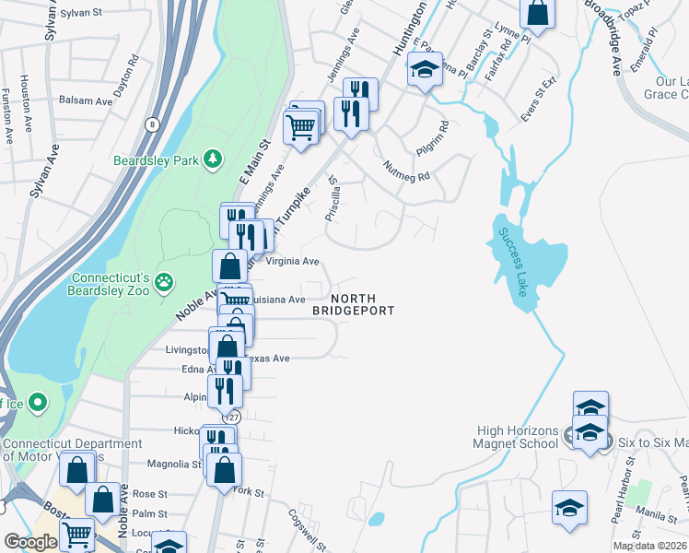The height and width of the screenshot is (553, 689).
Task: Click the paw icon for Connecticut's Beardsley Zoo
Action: click(x=164, y=282)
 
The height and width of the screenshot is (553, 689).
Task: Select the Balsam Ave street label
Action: click(x=86, y=101)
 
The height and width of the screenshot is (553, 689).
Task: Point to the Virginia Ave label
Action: click(x=292, y=261)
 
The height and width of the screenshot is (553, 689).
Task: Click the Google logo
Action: click(x=30, y=542)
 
